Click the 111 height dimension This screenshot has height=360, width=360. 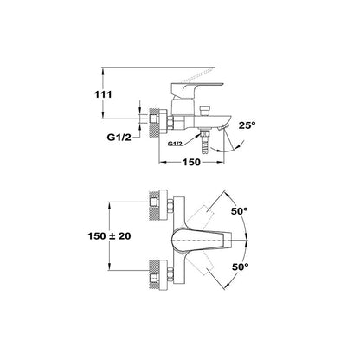pyautogui.click(x=103, y=94)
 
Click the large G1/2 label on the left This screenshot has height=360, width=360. pyautogui.click(x=119, y=138)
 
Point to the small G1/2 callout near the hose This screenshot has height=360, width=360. pyautogui.click(x=175, y=144)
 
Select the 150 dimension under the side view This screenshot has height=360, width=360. pyautogui.click(x=191, y=162)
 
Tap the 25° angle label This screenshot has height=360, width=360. pyautogui.click(x=247, y=125)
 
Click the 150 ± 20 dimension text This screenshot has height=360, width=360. pyautogui.click(x=109, y=236)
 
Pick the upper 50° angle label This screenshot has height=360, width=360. pyautogui.click(x=240, y=211)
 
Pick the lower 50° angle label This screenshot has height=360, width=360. pyautogui.click(x=241, y=267)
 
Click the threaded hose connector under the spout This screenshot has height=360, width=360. pyautogui.click(x=205, y=141)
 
